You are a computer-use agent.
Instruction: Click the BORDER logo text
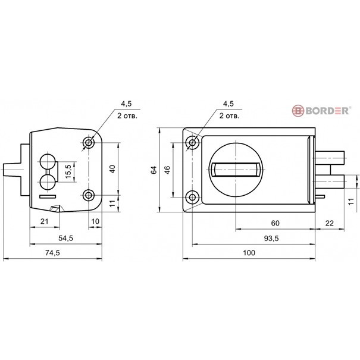point(327,111)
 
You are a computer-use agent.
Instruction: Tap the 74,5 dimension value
point(52,253)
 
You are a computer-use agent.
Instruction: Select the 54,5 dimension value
point(65,239)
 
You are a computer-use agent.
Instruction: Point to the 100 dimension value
point(249,253)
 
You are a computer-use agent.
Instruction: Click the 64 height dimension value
point(154,170)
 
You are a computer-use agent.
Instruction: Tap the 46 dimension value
point(167,170)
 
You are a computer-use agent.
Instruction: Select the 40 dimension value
point(112,169)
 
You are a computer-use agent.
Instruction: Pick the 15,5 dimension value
point(68,171)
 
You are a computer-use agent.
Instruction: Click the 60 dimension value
point(275,223)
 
